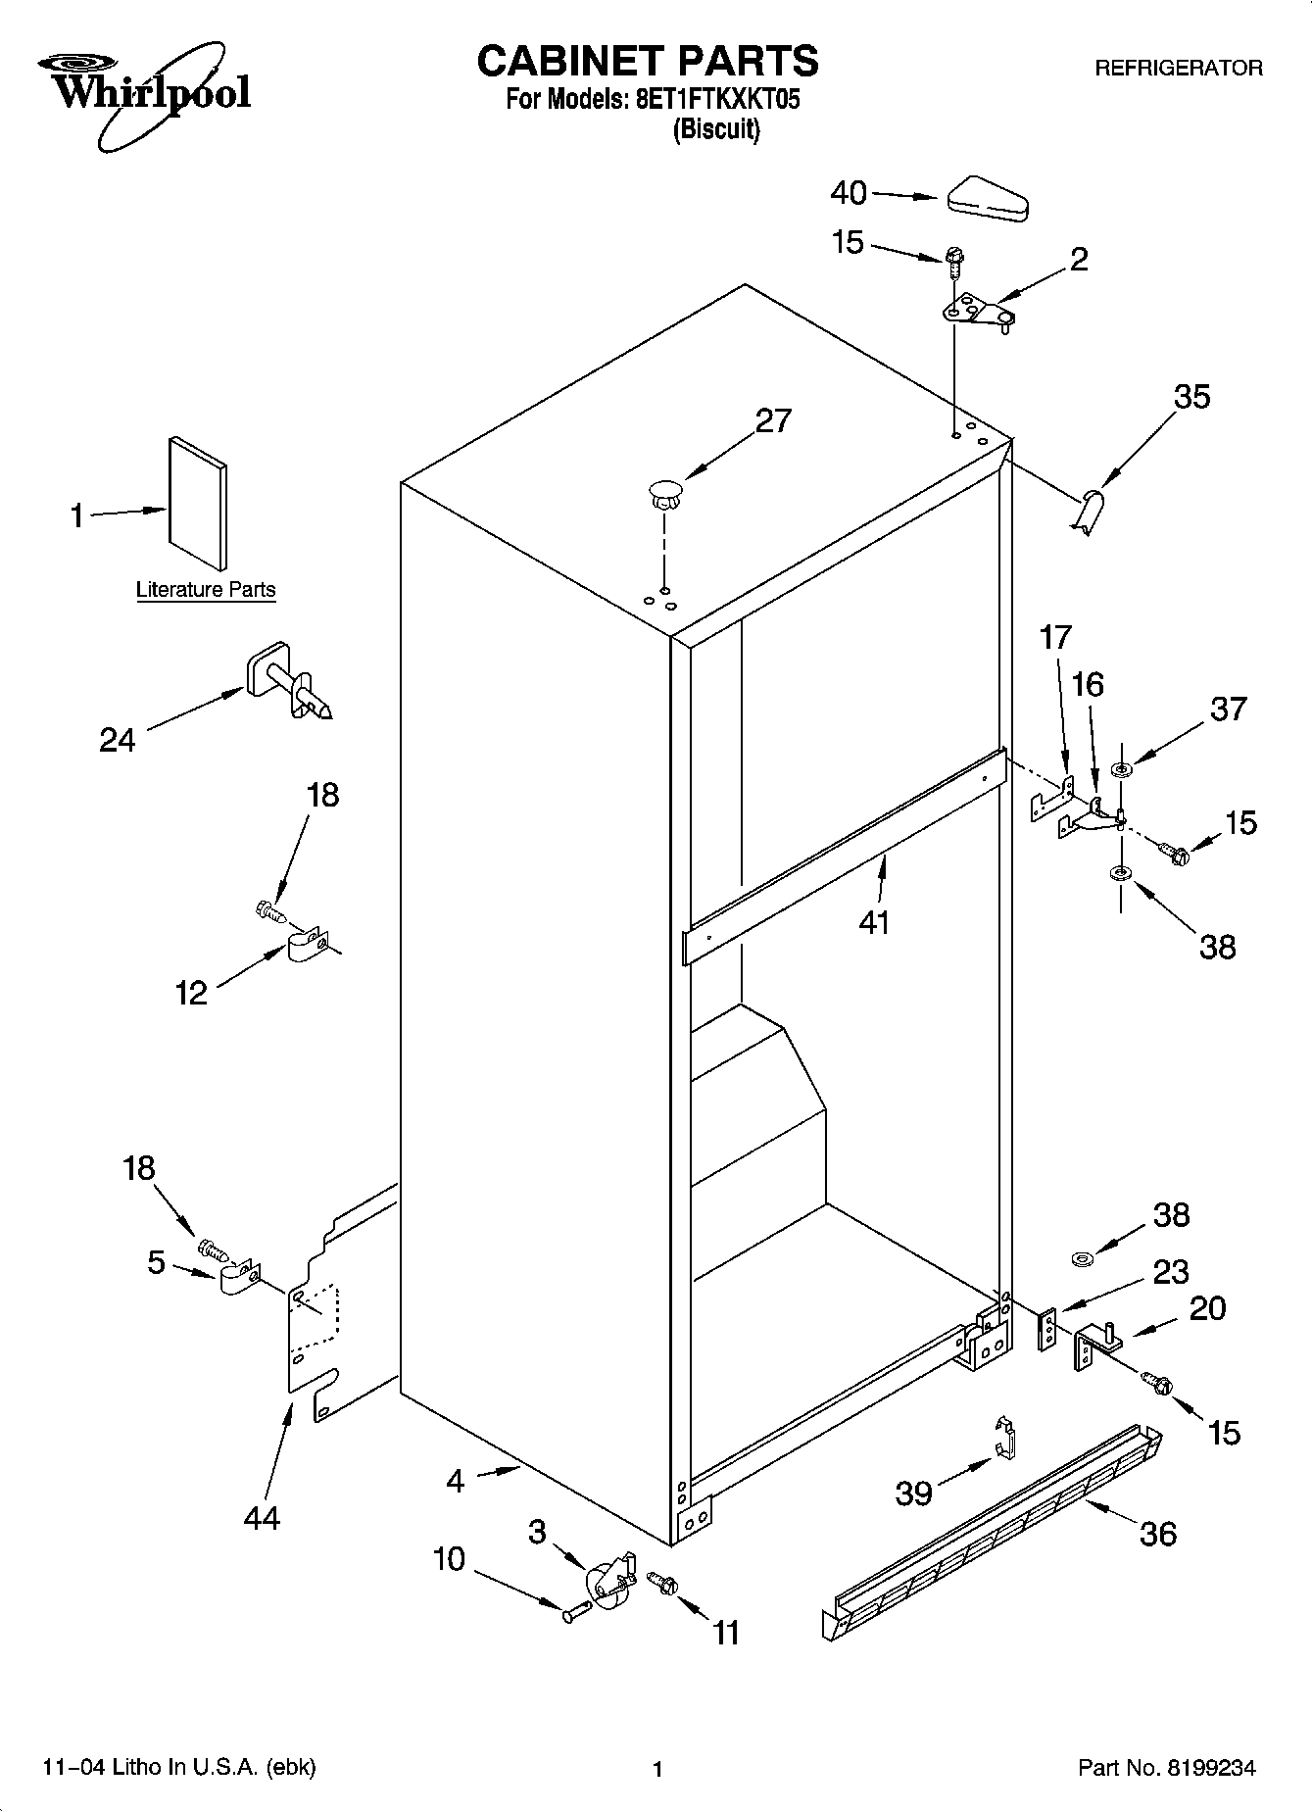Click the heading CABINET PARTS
647,61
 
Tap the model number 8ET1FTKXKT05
711,99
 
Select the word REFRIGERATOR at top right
1178,69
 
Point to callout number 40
848,192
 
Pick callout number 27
772,420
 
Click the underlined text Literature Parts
206,590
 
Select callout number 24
117,739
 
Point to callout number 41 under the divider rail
873,921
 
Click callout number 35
1191,396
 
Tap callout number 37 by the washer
1228,708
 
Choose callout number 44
262,1517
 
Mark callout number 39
913,1493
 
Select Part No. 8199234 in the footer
1166,1767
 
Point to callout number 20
1206,1307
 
